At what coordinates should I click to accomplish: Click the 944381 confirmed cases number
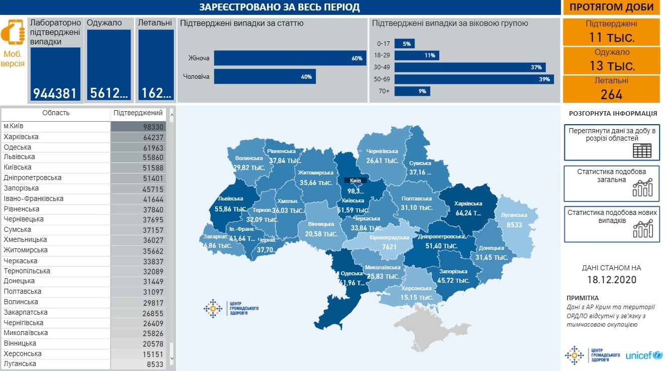coord(55,93)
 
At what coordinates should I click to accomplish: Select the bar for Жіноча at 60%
coord(290,58)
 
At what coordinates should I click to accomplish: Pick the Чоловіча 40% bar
coord(265,77)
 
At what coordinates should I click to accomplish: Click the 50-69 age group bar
coord(474,79)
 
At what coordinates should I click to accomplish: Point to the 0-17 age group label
coord(384,44)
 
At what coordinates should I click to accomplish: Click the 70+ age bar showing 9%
coord(412,91)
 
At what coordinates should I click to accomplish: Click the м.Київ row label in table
coord(14,127)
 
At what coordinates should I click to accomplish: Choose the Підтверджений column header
coord(138,113)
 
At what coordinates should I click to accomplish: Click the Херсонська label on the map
coord(416,289)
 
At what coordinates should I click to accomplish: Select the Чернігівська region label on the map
coord(382,151)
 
